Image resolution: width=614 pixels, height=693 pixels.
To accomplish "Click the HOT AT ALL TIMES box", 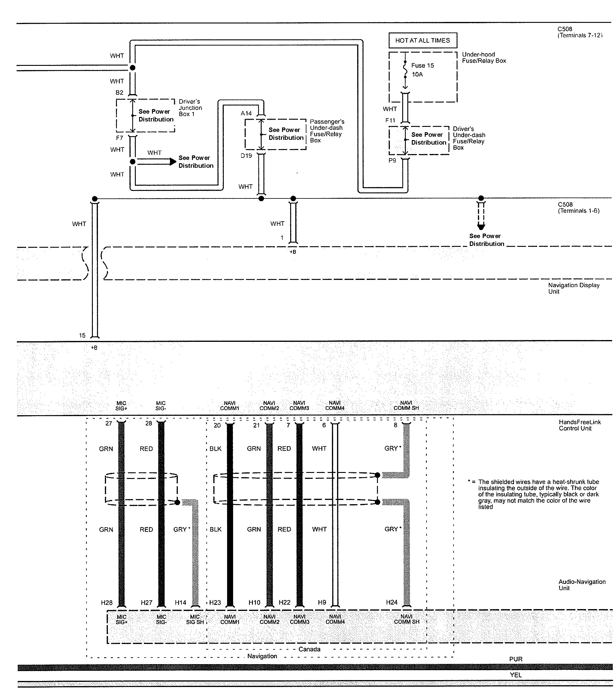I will [422, 40].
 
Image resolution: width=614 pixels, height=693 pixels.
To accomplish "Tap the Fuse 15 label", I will [422, 66].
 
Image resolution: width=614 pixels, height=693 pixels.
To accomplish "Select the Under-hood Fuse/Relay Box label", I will [484, 58].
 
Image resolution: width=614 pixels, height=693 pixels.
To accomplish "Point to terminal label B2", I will [119, 93].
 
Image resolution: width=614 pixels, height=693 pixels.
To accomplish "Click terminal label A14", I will [246, 113].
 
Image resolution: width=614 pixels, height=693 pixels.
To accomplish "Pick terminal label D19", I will [246, 156].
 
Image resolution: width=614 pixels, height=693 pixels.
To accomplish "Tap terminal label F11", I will [390, 120].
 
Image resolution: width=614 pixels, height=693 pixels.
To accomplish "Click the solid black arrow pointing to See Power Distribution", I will [172, 161].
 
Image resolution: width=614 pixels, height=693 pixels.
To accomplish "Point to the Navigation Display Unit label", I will [574, 288].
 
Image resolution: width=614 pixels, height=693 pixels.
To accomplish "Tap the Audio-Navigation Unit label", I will [582, 584].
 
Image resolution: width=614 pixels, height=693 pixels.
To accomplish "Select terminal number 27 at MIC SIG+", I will [108, 423].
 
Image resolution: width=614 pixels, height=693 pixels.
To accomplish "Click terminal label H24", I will [391, 603].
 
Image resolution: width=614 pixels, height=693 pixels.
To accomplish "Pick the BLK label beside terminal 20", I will [215, 449].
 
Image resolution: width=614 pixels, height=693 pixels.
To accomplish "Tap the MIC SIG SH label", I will [195, 619].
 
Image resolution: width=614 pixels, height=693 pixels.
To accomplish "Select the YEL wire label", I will [516, 675].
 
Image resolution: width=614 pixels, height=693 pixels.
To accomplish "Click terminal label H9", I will [322, 603].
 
